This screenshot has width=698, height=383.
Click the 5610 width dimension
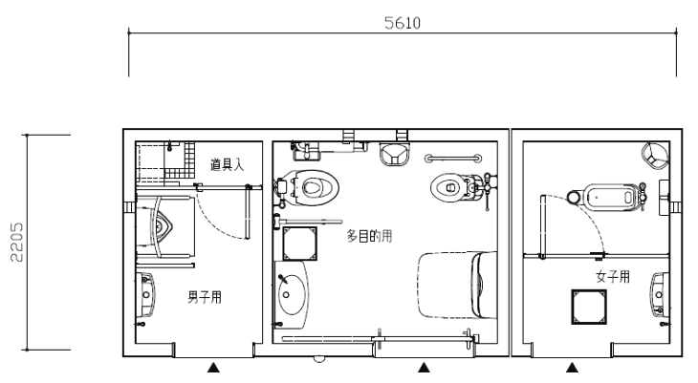click(403, 23)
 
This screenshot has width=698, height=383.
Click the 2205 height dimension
click(16, 242)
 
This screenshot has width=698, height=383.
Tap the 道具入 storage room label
click(227, 165)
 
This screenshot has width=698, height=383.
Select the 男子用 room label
click(205, 297)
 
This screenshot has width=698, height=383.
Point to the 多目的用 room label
click(369, 236)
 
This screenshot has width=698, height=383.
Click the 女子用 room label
click(613, 277)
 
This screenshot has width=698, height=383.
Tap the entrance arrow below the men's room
click(213, 368)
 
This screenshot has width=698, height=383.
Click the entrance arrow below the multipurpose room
click(424, 368)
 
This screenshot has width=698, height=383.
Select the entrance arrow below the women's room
click(572, 368)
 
